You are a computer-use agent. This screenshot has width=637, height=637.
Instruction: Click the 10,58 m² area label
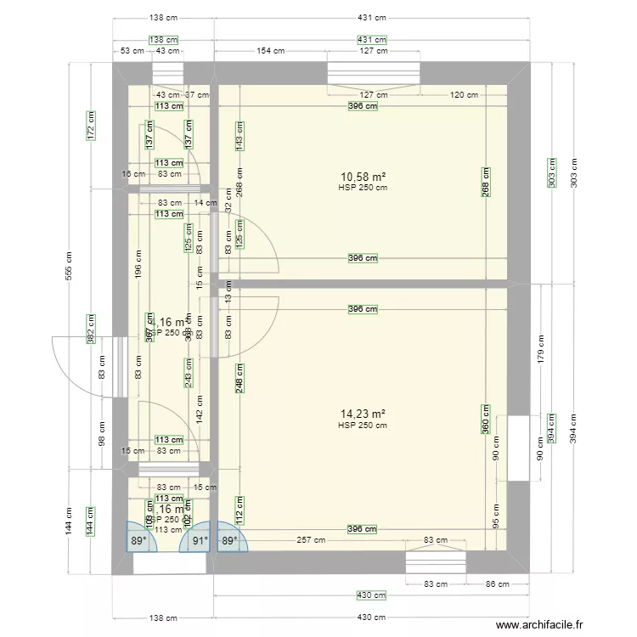(x=363, y=177)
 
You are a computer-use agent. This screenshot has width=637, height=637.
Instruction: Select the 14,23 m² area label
(x=363, y=414)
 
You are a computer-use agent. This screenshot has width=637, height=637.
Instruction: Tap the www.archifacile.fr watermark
(x=540, y=624)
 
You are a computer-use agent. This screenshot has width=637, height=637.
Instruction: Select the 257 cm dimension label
(x=311, y=539)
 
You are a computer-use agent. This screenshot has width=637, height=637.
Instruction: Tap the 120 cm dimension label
(x=463, y=95)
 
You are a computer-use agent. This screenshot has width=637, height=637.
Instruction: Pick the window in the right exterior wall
(x=518, y=448)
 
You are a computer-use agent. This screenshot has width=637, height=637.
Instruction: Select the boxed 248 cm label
(x=240, y=379)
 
